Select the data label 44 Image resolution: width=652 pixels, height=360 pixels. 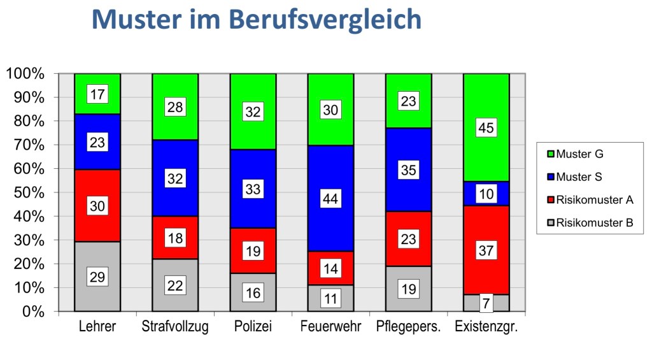coord(330,199)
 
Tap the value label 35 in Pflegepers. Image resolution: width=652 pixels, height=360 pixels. coord(408,170)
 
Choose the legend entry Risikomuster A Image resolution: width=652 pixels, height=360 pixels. coord(594,200)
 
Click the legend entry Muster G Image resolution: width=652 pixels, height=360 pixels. coord(579,154)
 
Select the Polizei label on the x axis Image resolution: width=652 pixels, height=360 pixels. coord(253,328)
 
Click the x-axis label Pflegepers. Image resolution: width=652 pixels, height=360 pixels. coord(409,328)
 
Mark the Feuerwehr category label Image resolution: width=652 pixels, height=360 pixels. coord(330,328)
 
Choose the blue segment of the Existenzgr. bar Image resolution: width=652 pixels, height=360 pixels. coord(486,194)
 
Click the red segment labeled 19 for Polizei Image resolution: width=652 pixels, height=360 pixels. coord(253,250)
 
